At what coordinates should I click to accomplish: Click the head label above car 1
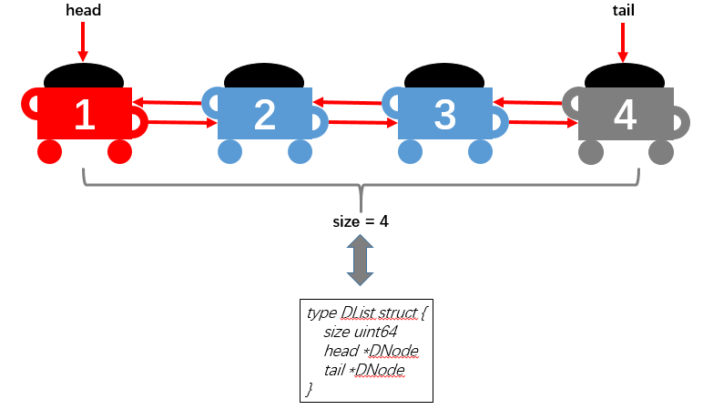[x=84, y=10]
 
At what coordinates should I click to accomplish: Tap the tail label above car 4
[x=624, y=10]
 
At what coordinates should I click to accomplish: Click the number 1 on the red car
[x=85, y=115]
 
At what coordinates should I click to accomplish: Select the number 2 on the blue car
[x=264, y=115]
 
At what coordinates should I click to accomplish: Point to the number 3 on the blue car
[x=444, y=115]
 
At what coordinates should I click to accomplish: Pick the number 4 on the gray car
[x=625, y=115]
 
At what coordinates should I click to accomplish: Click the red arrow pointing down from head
[x=83, y=41]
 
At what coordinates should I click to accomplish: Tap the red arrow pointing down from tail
[x=623, y=41]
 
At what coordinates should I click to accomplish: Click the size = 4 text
[x=360, y=221]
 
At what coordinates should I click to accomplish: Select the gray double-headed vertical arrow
[x=360, y=261]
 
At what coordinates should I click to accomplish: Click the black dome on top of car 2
[x=264, y=77]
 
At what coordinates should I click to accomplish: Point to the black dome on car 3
[x=444, y=77]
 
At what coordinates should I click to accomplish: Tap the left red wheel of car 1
[x=50, y=152]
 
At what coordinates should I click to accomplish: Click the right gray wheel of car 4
[x=661, y=152]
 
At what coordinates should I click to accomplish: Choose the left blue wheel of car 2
[x=230, y=152]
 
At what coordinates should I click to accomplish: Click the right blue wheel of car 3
[x=481, y=152]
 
